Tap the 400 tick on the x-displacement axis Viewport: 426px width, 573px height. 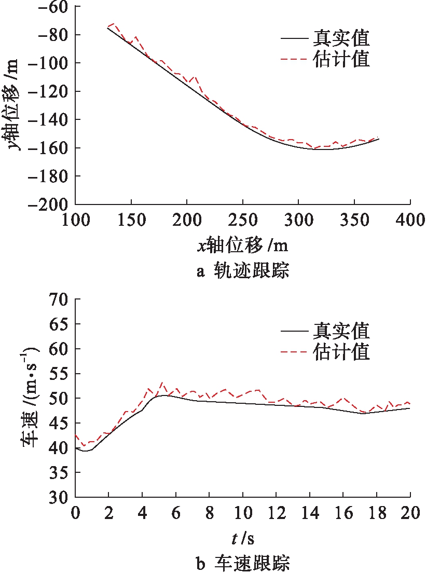click(x=410, y=220)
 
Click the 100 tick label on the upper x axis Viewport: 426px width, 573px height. click(x=76, y=220)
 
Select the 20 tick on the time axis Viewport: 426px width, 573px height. click(x=410, y=513)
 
